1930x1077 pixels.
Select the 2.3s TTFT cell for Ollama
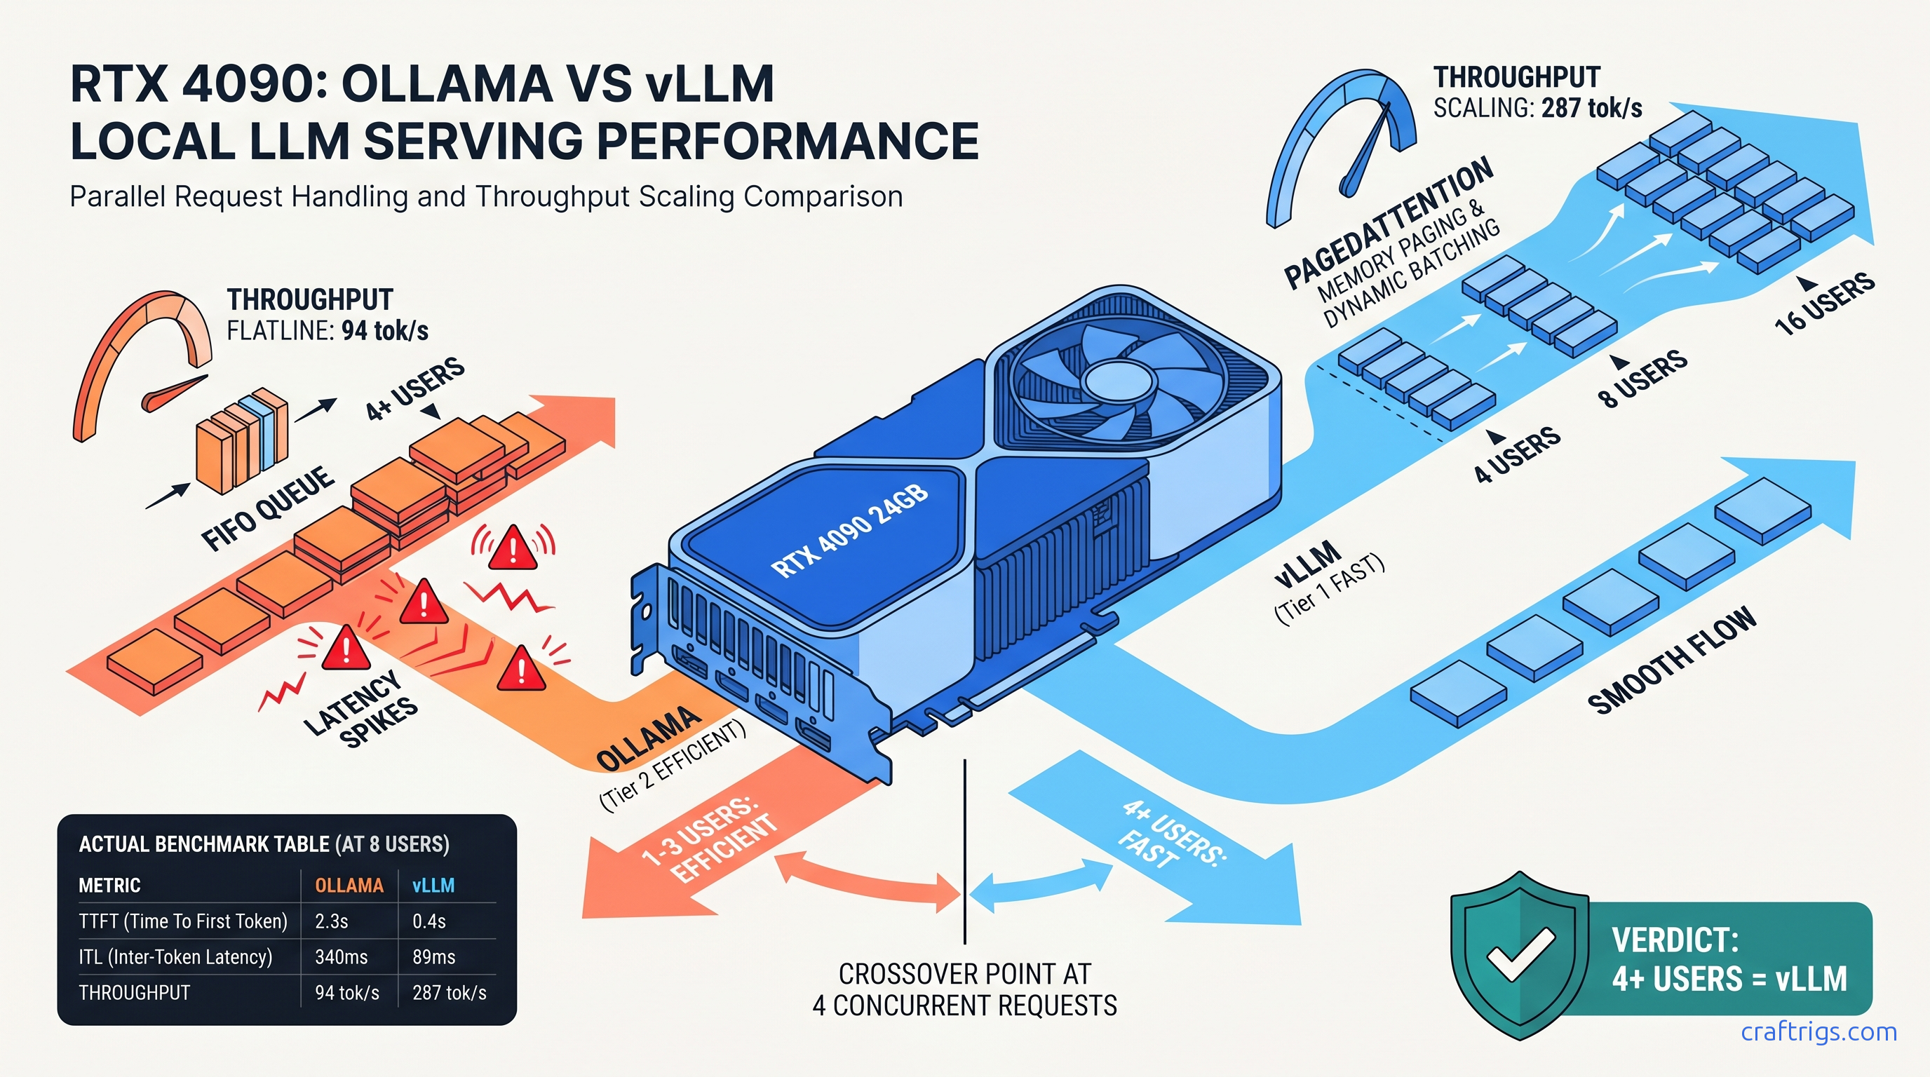pos(331,921)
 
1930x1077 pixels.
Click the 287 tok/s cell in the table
pos(449,993)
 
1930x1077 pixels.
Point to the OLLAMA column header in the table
pos(349,886)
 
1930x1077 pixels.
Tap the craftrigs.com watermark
pos(1818,1032)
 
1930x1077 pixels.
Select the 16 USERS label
pos(1824,304)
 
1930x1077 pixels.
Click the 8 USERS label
pos(1643,379)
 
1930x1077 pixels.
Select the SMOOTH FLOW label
pos(1671,661)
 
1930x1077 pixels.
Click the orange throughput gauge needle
pos(175,393)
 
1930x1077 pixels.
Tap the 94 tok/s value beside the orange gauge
pos(384,330)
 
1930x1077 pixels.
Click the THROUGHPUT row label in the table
pos(134,993)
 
